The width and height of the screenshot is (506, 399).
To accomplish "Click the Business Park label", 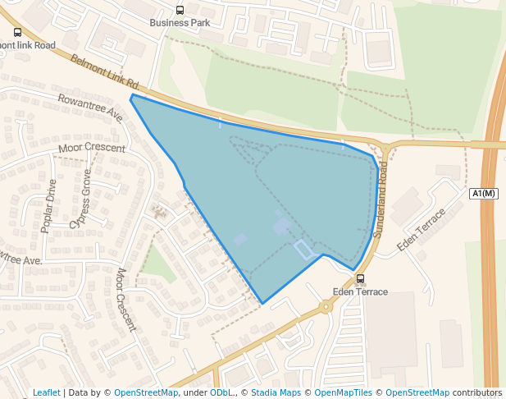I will pyautogui.click(x=180, y=23).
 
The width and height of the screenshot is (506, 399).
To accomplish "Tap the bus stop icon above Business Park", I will pyautogui.click(x=180, y=10).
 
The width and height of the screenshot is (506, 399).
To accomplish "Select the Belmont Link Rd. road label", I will pyautogui.click(x=106, y=73).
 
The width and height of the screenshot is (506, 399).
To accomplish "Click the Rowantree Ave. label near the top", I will pyautogui.click(x=89, y=108).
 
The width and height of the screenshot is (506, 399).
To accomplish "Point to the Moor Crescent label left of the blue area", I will pyautogui.click(x=91, y=149).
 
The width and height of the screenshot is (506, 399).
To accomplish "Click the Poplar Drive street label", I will pyautogui.click(x=49, y=205).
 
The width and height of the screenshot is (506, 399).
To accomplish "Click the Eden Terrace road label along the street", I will pyautogui.click(x=421, y=230).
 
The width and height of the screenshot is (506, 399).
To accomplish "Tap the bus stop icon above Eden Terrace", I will pyautogui.click(x=360, y=279).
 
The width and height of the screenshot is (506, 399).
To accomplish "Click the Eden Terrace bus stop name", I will pyautogui.click(x=360, y=292).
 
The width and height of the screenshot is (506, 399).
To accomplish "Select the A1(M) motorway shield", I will pyautogui.click(x=484, y=194).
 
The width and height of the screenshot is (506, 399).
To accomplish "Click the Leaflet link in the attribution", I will pyautogui.click(x=47, y=392).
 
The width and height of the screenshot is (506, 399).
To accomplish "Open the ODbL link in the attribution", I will pyautogui.click(x=221, y=392).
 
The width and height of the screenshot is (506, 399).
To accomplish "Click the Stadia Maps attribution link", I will pyautogui.click(x=276, y=392).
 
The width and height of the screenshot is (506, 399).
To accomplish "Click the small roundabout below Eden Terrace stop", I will pyautogui.click(x=326, y=307).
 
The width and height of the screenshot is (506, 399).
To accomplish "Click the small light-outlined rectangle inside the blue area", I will pyautogui.click(x=303, y=250).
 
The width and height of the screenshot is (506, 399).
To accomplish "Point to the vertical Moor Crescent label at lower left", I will pyautogui.click(x=125, y=300).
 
